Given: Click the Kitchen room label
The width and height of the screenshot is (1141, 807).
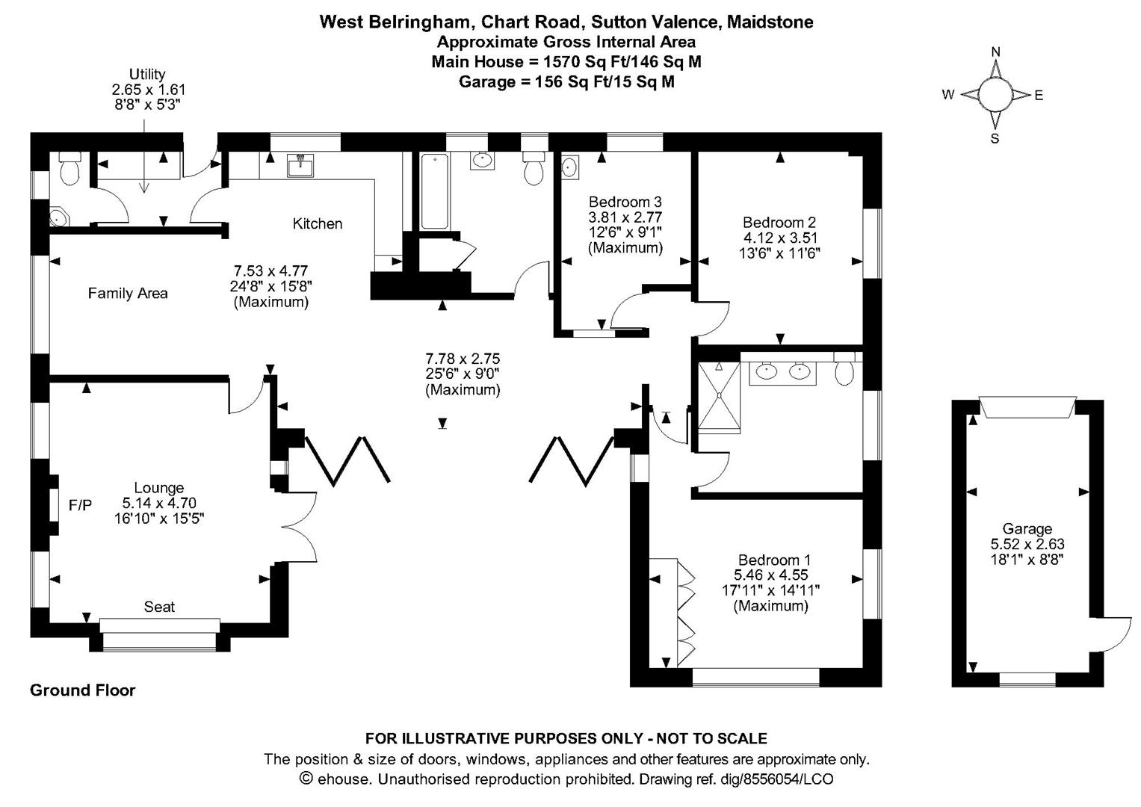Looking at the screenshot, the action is (318, 223).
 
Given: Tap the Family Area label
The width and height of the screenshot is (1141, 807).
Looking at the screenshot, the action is (128, 294).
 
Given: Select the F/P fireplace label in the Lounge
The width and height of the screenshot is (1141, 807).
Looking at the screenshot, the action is (81, 505).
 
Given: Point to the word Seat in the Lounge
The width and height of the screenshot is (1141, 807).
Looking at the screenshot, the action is (159, 607).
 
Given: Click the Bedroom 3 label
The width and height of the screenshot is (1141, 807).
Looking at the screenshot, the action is (625, 202).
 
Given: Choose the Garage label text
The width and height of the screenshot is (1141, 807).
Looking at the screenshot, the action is (1027, 529).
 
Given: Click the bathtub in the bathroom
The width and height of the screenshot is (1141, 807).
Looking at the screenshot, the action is (434, 191).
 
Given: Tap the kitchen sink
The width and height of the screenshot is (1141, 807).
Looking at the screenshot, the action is (300, 165).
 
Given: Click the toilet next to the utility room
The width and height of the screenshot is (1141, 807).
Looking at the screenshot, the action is (69, 169).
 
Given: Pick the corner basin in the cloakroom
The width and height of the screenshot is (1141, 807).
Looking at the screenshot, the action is (60, 217).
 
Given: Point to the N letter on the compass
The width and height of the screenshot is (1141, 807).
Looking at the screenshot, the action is (996, 52).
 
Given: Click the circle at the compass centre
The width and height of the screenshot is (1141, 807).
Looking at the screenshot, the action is (995, 95).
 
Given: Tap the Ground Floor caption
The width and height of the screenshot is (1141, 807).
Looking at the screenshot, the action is (82, 690).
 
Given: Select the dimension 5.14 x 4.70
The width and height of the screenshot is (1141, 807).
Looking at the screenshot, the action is (159, 504).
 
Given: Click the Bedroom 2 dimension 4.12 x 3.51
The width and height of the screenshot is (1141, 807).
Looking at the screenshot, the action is (780, 238).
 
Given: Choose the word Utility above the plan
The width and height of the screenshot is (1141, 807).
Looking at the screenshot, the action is (147, 75).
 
